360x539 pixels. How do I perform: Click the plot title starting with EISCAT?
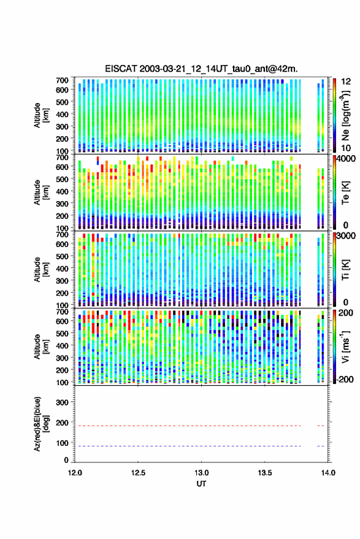(201, 69)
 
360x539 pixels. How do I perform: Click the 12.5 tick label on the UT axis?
(138, 473)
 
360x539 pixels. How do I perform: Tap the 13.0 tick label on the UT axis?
(201, 473)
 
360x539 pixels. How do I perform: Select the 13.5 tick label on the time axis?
(265, 473)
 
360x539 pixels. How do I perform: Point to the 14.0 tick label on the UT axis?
(328, 473)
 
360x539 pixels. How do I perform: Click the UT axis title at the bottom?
(201, 484)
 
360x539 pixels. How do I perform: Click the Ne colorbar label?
(345, 115)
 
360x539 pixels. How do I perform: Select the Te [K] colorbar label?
(345, 193)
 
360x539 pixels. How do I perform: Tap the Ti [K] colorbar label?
(345, 270)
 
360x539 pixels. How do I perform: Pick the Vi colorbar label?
(345, 346)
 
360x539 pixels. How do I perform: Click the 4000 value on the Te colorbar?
(346, 159)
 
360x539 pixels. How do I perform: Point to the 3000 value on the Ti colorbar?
(346, 236)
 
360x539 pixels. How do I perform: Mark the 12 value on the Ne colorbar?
(347, 82)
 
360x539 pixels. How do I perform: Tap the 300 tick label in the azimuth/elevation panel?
(62, 402)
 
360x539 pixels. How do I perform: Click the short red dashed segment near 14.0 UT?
(321, 426)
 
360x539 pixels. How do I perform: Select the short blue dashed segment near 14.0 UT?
(321, 446)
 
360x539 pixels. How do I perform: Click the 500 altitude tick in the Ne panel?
(62, 102)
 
